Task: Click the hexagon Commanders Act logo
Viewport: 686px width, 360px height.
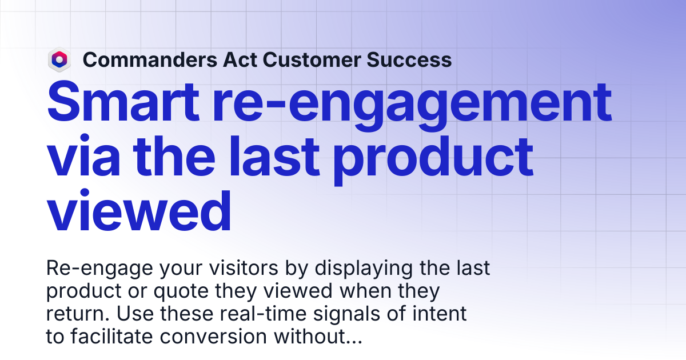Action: point(59,59)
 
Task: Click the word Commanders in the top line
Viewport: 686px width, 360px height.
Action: point(150,59)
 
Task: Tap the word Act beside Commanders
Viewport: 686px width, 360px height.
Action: point(240,59)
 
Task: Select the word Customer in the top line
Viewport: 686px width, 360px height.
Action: point(312,59)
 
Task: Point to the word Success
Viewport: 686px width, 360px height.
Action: point(409,59)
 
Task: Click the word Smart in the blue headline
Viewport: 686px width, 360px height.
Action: point(123,102)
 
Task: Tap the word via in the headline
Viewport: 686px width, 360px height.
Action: point(83,156)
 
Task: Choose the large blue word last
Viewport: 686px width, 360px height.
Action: point(274,156)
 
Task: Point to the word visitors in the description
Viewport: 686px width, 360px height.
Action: point(244,268)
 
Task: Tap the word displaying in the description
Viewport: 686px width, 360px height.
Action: point(364,269)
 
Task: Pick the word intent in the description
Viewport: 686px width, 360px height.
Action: point(440,314)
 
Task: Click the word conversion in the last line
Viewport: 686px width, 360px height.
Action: point(213,337)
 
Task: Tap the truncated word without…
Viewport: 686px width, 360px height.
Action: point(318,337)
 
